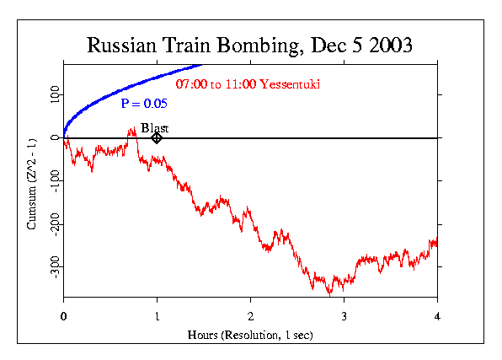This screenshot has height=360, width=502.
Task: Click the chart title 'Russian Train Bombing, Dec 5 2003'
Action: [250, 46]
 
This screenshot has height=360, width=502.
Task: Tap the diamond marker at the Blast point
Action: [157, 137]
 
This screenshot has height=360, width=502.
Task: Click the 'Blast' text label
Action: [155, 127]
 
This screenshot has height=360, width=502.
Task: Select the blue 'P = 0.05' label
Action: [144, 104]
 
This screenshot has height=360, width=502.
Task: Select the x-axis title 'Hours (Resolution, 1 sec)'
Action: [250, 335]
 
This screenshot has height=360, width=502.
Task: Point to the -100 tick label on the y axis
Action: [52, 181]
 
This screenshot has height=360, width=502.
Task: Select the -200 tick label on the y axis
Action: [52, 224]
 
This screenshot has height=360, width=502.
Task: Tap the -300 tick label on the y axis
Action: [52, 267]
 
